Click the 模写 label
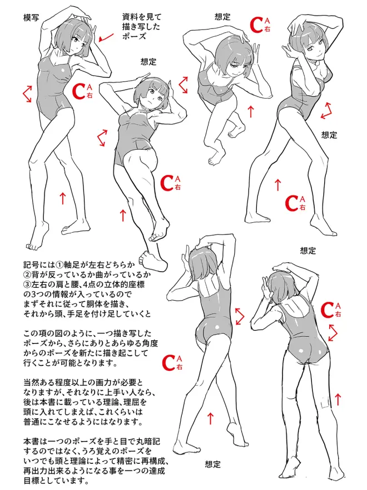click(x=31, y=17)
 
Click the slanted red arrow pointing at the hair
click(x=106, y=37)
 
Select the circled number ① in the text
click(x=59, y=265)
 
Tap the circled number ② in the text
click(x=28, y=275)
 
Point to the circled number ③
click(x=28, y=285)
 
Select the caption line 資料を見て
click(x=142, y=17)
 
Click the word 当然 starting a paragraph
click(x=31, y=382)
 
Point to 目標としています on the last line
click(x=54, y=481)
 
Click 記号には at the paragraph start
click(x=39, y=265)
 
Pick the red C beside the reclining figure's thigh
click(x=167, y=183)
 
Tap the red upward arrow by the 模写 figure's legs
click(x=63, y=198)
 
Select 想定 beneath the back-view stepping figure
click(x=212, y=464)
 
